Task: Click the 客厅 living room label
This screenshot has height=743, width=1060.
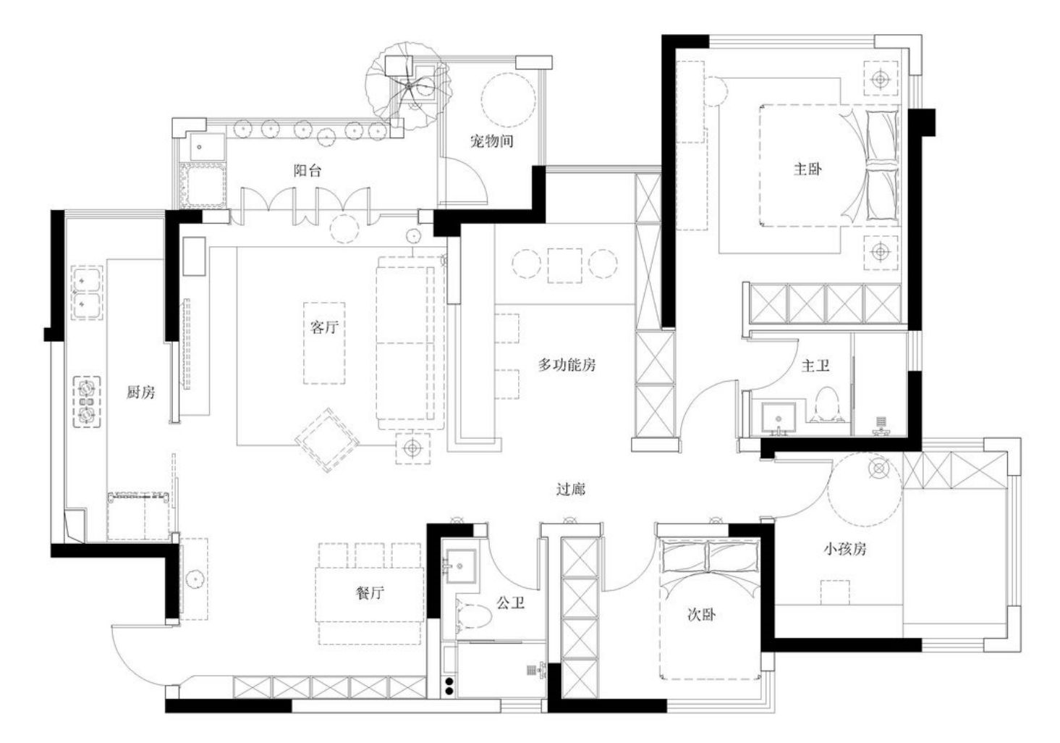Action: [x=325, y=327]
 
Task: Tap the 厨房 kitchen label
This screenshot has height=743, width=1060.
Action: [x=140, y=392]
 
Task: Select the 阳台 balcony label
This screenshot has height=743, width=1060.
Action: [x=308, y=170]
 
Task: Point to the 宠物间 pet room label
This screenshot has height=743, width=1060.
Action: [x=492, y=140]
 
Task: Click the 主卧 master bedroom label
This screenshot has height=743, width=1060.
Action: [x=807, y=169]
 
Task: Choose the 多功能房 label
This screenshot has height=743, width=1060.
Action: [x=567, y=365]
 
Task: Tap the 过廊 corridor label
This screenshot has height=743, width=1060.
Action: [x=571, y=489]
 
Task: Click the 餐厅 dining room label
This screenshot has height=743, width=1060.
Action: [x=370, y=593]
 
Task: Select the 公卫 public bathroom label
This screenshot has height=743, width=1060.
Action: [x=511, y=603]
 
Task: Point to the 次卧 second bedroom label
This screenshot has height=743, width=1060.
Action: [x=702, y=615]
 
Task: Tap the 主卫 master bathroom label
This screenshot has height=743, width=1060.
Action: [x=816, y=366]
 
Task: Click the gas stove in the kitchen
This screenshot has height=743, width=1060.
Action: [x=87, y=402]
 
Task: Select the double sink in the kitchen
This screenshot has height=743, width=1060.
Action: [x=87, y=293]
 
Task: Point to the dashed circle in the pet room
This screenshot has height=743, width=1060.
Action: [x=508, y=100]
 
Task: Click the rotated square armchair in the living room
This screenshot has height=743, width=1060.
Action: [x=327, y=440]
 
